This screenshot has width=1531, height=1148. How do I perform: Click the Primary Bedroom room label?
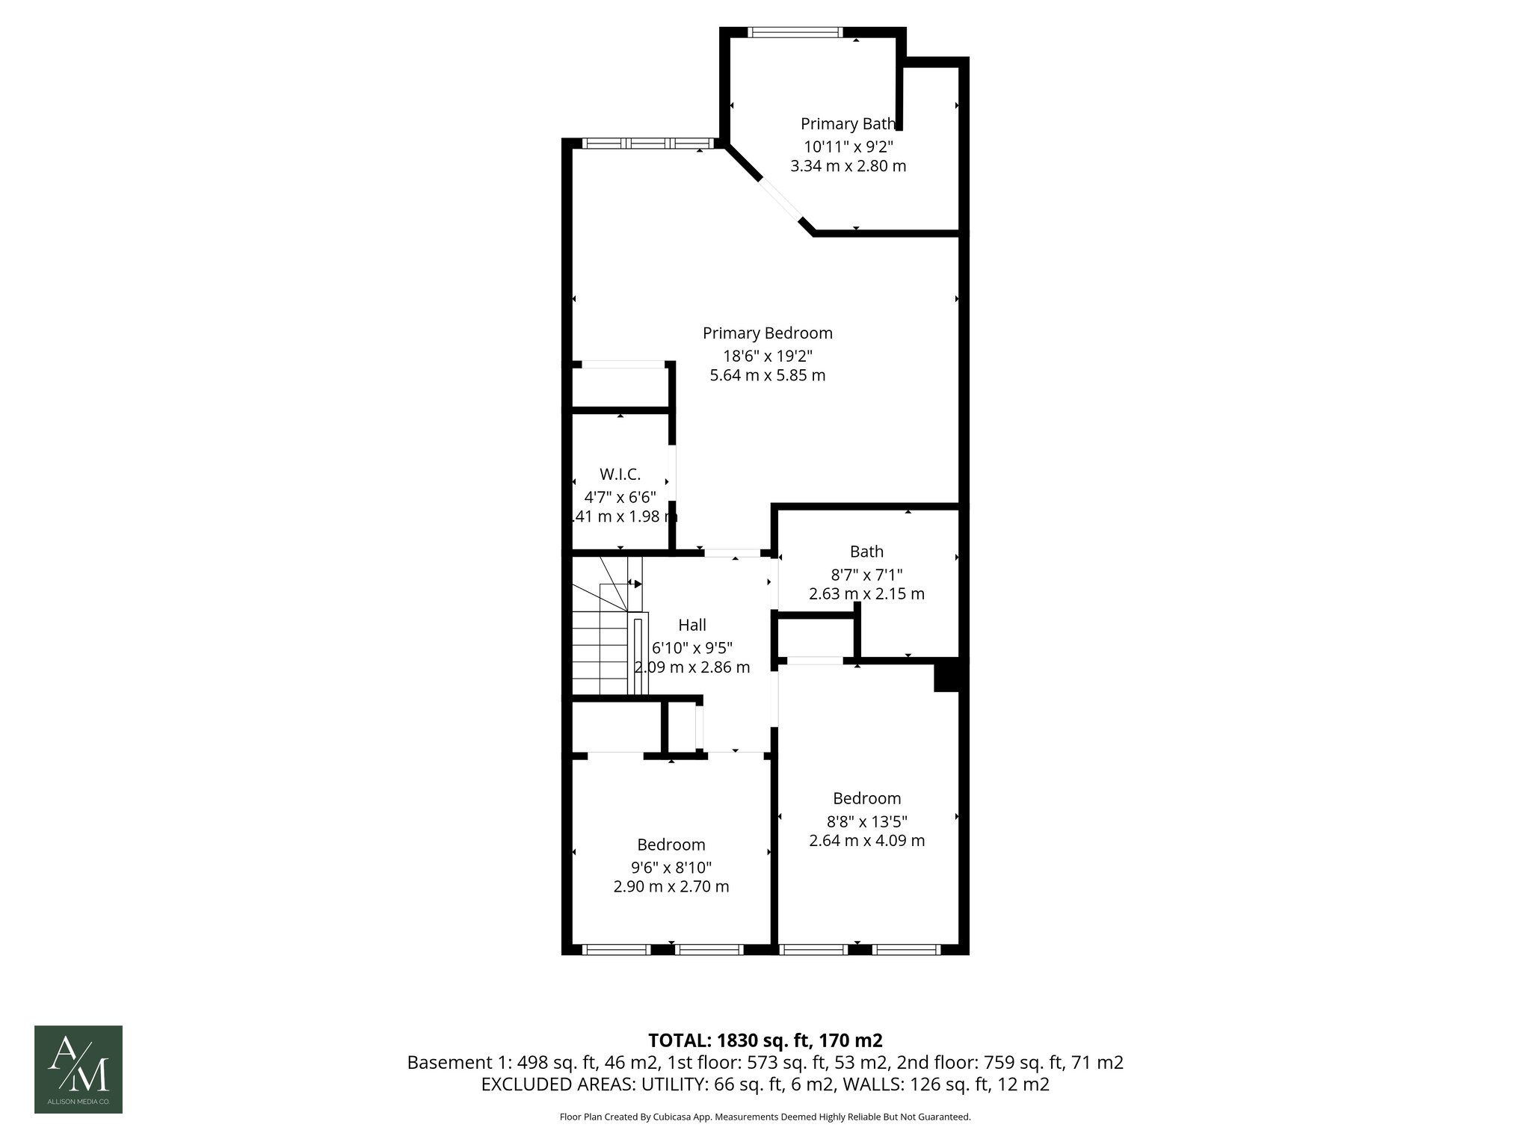click(767, 333)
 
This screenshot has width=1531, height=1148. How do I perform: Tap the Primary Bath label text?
click(847, 124)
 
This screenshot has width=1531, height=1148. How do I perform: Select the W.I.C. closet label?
click(620, 474)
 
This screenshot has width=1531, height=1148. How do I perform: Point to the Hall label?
click(691, 625)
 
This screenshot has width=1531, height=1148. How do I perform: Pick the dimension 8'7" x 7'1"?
click(866, 575)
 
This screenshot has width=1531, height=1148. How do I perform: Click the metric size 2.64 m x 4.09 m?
click(866, 840)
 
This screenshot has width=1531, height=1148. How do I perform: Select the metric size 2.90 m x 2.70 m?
click(671, 886)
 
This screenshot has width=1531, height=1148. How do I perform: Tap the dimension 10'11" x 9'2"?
click(848, 146)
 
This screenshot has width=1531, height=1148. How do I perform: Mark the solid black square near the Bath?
click(946, 675)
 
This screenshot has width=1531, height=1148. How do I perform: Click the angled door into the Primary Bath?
click(780, 200)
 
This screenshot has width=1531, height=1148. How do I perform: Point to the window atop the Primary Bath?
click(795, 32)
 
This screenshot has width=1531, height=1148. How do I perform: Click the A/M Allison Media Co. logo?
click(78, 1069)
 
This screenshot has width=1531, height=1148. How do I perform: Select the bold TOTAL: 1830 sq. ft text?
click(765, 1040)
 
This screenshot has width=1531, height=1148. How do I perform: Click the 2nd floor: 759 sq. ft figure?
click(1009, 1063)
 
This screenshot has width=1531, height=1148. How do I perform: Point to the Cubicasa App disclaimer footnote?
click(765, 1117)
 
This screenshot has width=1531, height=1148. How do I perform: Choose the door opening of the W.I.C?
click(672, 473)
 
